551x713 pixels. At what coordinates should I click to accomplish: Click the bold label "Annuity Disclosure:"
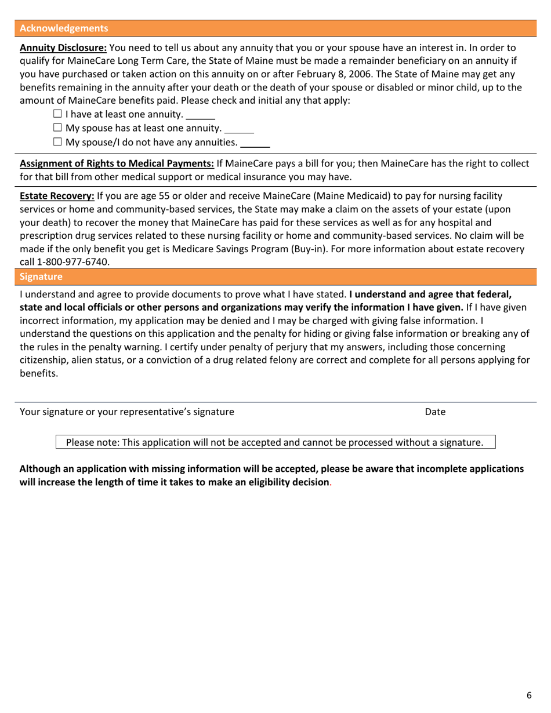[x=63, y=48]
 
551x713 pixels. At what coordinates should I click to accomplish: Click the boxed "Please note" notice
[x=275, y=443]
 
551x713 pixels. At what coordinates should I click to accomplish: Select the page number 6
[x=529, y=695]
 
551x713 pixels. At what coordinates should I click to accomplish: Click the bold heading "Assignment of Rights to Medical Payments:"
[x=117, y=164]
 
